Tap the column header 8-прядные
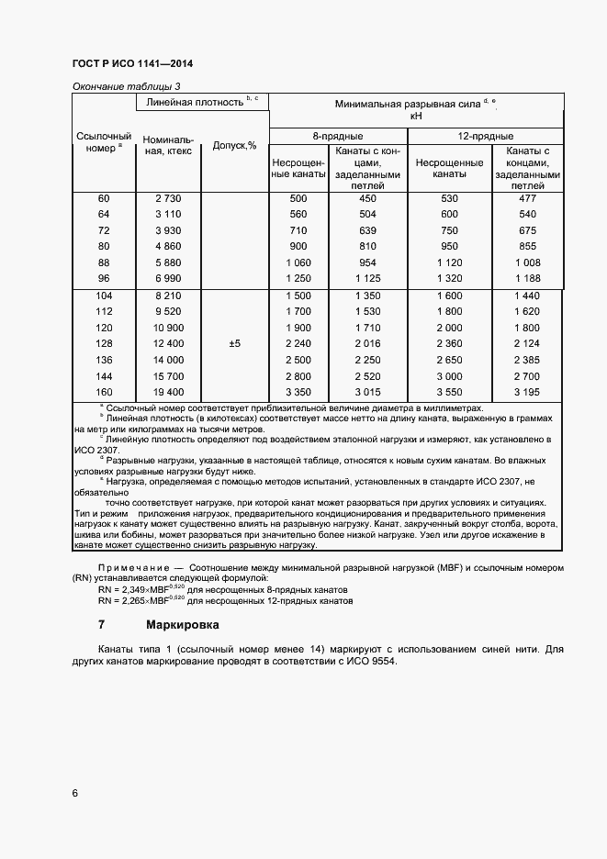337,137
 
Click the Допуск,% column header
234,145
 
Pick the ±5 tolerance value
234,343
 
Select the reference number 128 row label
103,343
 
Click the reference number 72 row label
103,230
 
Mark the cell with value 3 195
528,392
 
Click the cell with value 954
367,262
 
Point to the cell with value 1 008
528,262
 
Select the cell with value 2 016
367,343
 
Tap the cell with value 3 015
367,392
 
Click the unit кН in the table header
416,117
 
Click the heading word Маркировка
182,625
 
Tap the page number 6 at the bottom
74,792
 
